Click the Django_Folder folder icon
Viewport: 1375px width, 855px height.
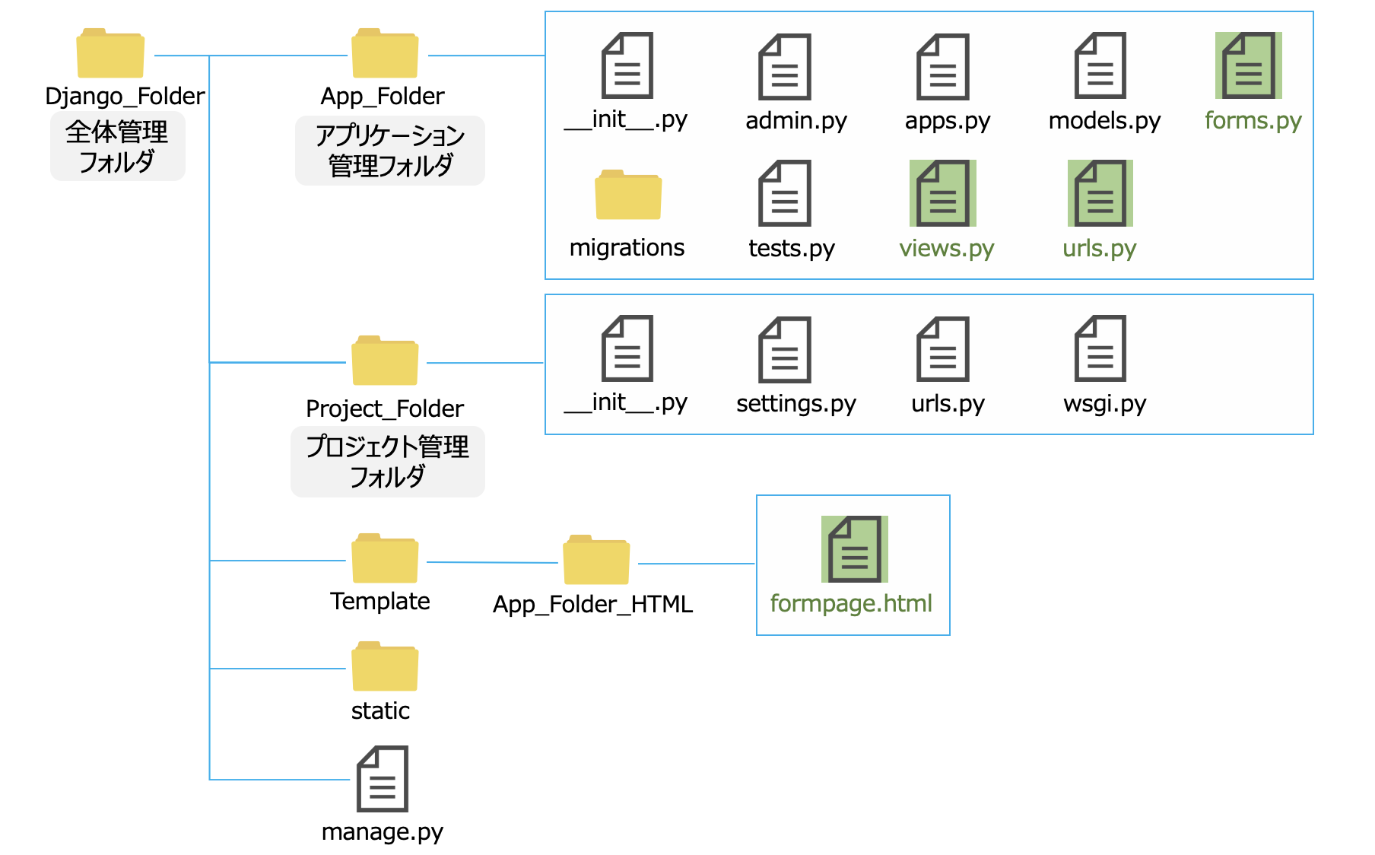coord(110,54)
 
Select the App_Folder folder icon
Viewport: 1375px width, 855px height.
coord(385,54)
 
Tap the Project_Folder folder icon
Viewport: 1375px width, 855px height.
coord(385,361)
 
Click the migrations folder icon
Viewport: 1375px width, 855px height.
coord(628,195)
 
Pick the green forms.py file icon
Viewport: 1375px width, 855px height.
coord(1248,65)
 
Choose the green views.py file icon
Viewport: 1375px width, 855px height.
coord(942,193)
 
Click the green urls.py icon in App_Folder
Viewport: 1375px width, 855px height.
coord(1100,193)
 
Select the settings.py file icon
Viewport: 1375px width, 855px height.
coord(785,350)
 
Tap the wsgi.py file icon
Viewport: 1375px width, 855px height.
coord(1100,348)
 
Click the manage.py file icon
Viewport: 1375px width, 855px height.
coord(383,779)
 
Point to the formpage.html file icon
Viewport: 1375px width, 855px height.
coord(854,549)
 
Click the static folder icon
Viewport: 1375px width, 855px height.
coord(385,667)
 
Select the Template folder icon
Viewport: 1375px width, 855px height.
coord(385,559)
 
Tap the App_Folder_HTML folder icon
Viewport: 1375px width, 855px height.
coord(596,561)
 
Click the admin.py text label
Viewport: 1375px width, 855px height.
coord(795,121)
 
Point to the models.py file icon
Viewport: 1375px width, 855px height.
coord(1100,65)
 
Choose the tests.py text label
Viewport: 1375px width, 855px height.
coord(791,249)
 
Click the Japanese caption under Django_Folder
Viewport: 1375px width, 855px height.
coord(117,146)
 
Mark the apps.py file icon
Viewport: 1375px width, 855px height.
coord(942,67)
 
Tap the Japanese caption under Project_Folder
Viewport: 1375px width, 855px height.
coord(387,461)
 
